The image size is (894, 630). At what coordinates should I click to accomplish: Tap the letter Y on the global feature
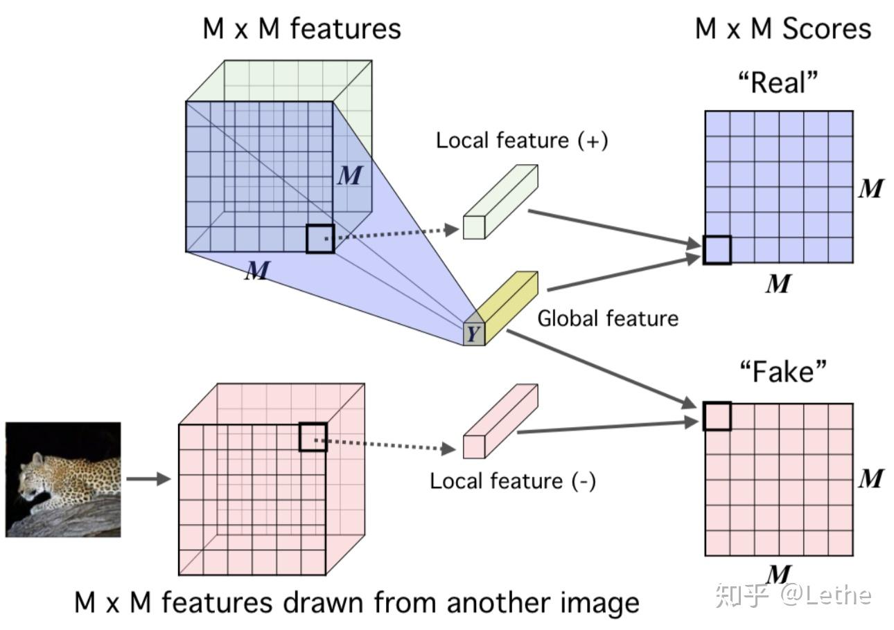pyautogui.click(x=473, y=334)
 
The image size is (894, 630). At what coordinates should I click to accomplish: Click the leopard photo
pyautogui.click(x=63, y=480)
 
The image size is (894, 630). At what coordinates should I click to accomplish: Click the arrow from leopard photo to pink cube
pyautogui.click(x=148, y=479)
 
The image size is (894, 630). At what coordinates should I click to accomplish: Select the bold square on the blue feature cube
pyautogui.click(x=320, y=238)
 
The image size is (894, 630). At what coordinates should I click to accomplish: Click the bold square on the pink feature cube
pyautogui.click(x=313, y=438)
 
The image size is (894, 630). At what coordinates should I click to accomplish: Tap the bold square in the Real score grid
pyautogui.click(x=717, y=250)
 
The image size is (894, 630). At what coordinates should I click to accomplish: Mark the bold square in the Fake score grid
pyautogui.click(x=717, y=416)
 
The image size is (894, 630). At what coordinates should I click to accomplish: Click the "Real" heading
pyautogui.click(x=778, y=83)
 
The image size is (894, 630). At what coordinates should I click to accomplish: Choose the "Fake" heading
pyautogui.click(x=783, y=372)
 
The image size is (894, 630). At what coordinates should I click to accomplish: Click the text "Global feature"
pyautogui.click(x=608, y=318)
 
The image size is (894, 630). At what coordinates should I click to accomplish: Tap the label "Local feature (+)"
pyautogui.click(x=521, y=141)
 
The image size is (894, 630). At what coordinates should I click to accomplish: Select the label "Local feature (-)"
pyautogui.click(x=512, y=480)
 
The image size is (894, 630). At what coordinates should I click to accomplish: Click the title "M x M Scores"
pyautogui.click(x=782, y=29)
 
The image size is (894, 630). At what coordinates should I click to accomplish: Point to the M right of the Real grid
pyautogui.click(x=870, y=188)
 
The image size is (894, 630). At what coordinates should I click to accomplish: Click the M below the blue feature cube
pyautogui.click(x=256, y=271)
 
